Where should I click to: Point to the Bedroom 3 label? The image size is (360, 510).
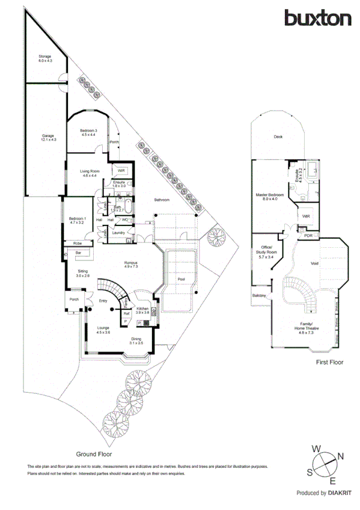88,132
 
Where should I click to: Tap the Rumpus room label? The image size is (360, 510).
131,264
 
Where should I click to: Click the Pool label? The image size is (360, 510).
182,280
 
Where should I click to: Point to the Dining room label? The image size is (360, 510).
136,340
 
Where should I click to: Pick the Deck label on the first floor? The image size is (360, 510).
278,137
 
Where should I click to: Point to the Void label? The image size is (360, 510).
314,263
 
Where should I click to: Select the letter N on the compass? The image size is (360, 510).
341,458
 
